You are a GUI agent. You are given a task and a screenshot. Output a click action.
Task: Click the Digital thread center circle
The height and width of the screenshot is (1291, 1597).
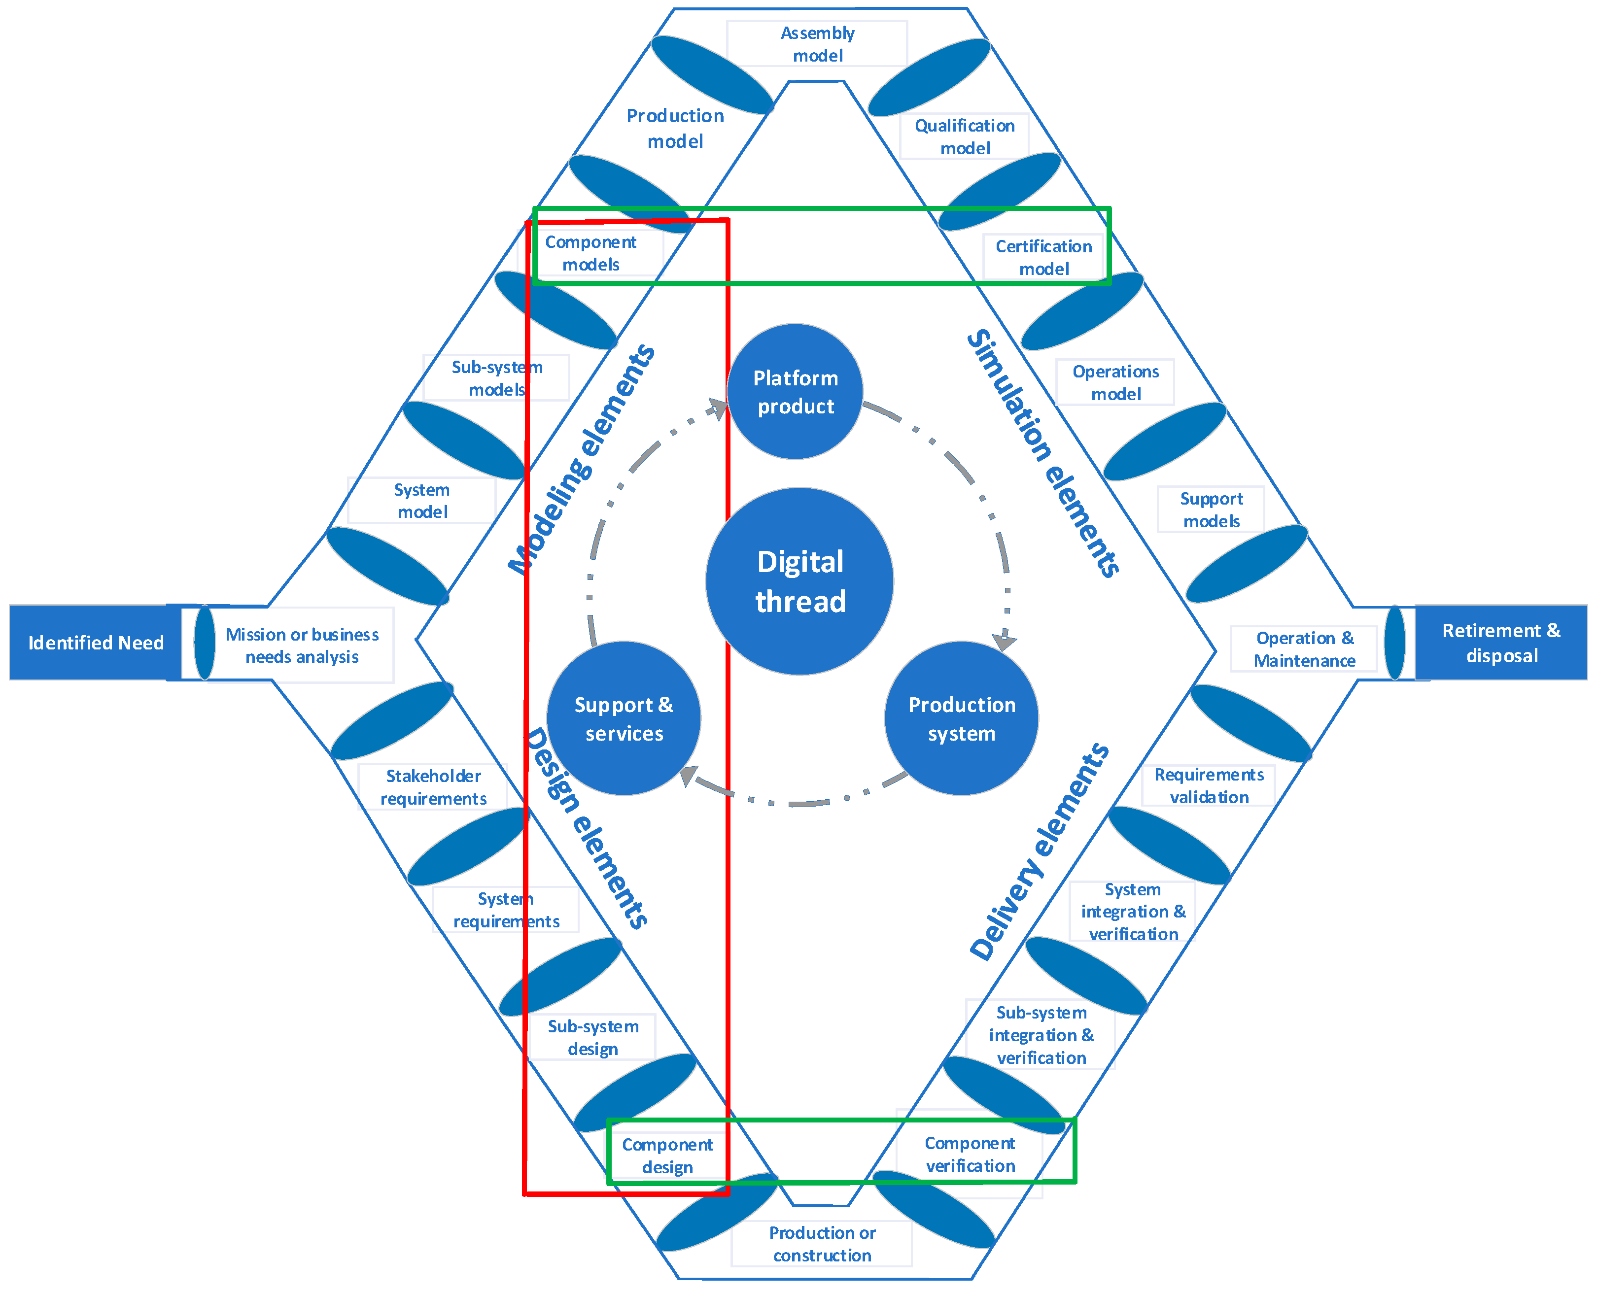(799, 581)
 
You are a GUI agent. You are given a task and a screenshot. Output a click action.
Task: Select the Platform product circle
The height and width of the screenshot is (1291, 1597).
(795, 392)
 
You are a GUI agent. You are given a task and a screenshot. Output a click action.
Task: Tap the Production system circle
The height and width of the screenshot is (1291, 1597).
(961, 718)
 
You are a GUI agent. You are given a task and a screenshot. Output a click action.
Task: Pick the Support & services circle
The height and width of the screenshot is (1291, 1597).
(624, 718)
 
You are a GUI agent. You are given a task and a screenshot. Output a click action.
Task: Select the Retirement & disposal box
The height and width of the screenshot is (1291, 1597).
(1501, 643)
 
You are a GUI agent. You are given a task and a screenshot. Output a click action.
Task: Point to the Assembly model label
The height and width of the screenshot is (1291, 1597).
(817, 44)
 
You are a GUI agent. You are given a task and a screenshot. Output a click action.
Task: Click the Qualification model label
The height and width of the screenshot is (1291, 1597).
(964, 137)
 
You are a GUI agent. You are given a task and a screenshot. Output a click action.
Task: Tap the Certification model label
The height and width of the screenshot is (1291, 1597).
(1043, 257)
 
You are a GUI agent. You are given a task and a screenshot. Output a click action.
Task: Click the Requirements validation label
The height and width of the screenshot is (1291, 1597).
(1209, 785)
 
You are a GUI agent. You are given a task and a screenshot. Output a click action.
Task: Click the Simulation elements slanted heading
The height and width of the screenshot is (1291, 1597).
(1043, 454)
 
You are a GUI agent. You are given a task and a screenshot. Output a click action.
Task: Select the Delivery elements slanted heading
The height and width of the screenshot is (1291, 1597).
(1040, 851)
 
